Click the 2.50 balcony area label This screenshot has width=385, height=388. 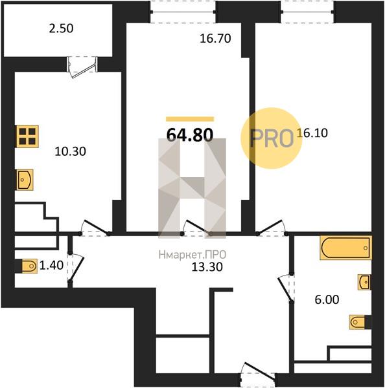[61, 28]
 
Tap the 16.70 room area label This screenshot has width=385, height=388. [215, 39]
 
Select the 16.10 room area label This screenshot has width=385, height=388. [312, 133]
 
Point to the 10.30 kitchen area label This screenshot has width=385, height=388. [71, 151]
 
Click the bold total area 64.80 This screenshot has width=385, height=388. [190, 135]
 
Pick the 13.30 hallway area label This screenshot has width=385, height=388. [207, 267]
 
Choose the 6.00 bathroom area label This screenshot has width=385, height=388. [327, 299]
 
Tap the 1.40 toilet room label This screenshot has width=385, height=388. [52, 265]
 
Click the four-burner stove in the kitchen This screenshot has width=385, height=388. [27, 136]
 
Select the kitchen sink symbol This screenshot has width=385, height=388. [25, 180]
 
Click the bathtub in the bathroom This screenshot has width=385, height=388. [345, 248]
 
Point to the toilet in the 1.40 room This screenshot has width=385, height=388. [29, 266]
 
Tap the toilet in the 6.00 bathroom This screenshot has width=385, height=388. [358, 322]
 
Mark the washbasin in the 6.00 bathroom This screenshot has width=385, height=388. [364, 282]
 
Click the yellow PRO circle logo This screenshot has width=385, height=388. [272, 138]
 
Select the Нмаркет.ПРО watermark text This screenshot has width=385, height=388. [192, 255]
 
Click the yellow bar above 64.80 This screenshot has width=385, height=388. [190, 119]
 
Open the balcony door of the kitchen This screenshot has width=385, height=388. [82, 65]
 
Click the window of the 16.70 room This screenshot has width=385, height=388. [183, 12]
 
